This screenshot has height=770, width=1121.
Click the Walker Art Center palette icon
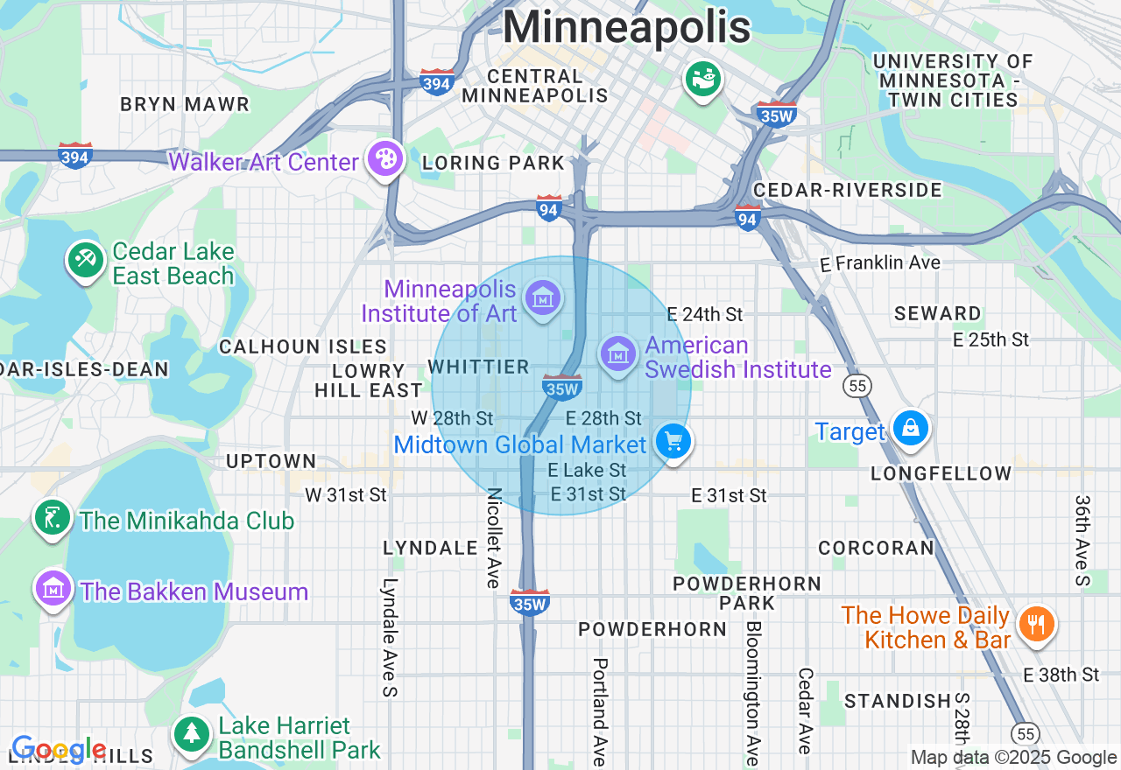[385, 159]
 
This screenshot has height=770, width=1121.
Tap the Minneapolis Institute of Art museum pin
[543, 299]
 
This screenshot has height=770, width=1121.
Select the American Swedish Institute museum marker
[618, 354]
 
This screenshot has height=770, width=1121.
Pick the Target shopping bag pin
[911, 429]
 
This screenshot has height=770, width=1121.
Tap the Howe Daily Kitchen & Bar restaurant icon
[1036, 625]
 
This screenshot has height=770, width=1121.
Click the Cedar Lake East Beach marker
[86, 261]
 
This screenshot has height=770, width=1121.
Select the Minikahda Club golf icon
[53, 518]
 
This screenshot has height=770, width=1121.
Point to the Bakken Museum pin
[53, 589]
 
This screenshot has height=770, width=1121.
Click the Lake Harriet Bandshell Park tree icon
[191, 733]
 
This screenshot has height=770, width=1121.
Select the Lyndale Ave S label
[390, 637]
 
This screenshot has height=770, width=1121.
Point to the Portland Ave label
[600, 710]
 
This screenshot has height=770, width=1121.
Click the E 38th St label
[1061, 675]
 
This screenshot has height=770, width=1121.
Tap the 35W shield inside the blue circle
[561, 387]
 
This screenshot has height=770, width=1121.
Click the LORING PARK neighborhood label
[493, 163]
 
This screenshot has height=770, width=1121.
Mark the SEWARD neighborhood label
[937, 313]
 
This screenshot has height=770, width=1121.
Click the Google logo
[59, 750]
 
